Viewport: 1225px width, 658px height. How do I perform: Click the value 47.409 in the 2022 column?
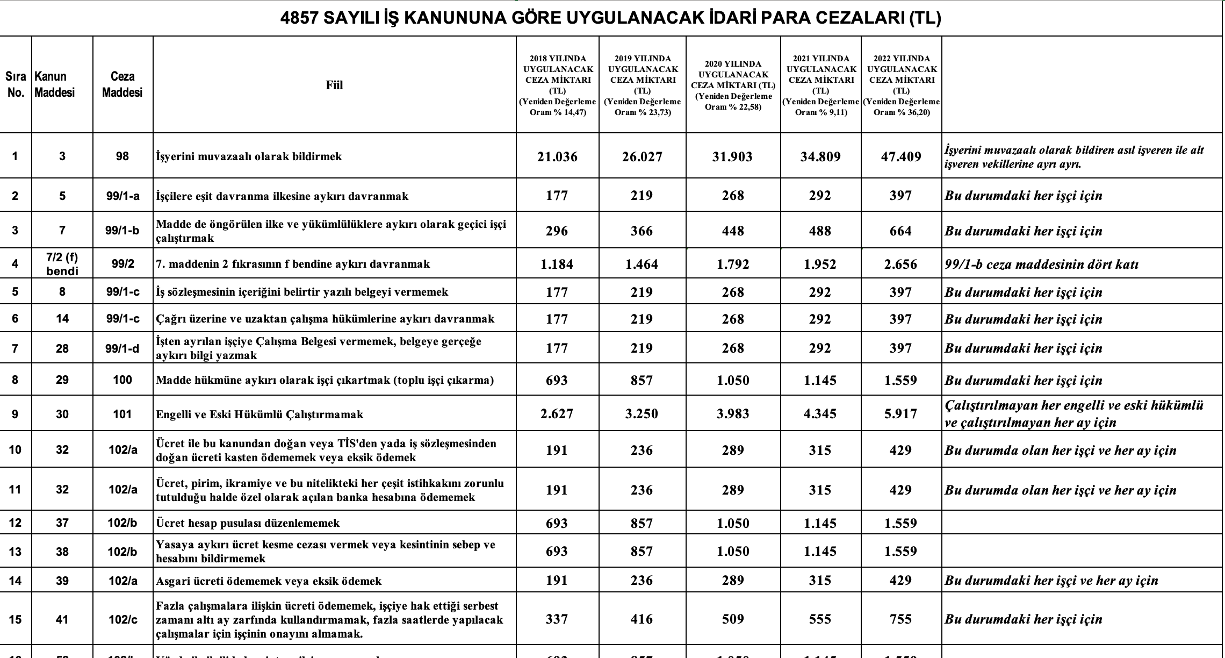[x=901, y=156]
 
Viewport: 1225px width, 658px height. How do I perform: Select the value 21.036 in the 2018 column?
[x=557, y=156]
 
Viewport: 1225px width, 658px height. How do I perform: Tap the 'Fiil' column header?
[x=334, y=85]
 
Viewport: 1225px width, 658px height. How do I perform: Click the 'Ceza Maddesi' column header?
[x=122, y=84]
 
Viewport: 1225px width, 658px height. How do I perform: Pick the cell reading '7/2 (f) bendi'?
[x=62, y=263]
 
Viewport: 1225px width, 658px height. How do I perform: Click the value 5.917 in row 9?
[x=901, y=414]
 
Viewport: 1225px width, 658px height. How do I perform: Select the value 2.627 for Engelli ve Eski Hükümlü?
[x=557, y=414]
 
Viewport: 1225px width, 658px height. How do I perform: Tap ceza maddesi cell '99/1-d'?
[x=122, y=348]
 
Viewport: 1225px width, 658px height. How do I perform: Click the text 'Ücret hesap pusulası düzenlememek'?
[x=248, y=523]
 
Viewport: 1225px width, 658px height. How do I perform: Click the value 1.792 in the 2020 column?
[x=733, y=264]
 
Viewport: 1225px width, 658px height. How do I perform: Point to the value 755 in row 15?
[x=901, y=619]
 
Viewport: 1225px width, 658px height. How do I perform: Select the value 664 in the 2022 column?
[x=901, y=231]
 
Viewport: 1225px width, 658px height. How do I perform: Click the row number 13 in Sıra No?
[x=15, y=552]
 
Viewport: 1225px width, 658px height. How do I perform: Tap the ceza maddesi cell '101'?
[x=122, y=414]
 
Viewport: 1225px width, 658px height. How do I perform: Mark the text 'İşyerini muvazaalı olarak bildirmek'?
[x=249, y=156]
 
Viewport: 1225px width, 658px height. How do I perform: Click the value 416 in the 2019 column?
[x=642, y=619]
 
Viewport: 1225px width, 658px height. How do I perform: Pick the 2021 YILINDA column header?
[x=821, y=85]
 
